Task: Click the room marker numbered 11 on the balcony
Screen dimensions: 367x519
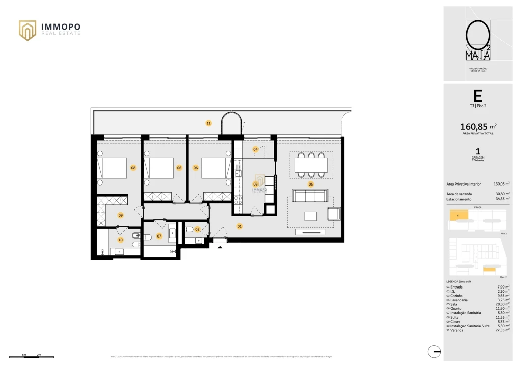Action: pos(208,123)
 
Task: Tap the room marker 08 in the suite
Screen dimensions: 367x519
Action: pos(133,168)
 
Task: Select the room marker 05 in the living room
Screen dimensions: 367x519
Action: pos(310,184)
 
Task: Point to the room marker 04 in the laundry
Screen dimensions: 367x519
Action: pos(255,149)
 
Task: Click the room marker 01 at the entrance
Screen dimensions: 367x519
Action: pos(240,226)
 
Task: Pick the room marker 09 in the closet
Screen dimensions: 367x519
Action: pos(121,215)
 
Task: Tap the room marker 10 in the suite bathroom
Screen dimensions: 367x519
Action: pos(121,239)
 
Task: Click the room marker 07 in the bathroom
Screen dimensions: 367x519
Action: pos(159,236)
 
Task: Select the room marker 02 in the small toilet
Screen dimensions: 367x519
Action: pos(198,229)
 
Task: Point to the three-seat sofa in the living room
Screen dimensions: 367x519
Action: pos(310,197)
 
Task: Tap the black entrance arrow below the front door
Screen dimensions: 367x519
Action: pos(220,247)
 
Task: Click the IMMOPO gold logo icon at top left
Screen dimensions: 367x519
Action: pos(28,30)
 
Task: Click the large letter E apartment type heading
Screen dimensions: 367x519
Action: pos(478,96)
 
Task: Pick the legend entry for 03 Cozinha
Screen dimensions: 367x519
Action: pos(457,295)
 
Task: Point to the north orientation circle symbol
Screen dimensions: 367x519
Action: pos(434,351)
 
